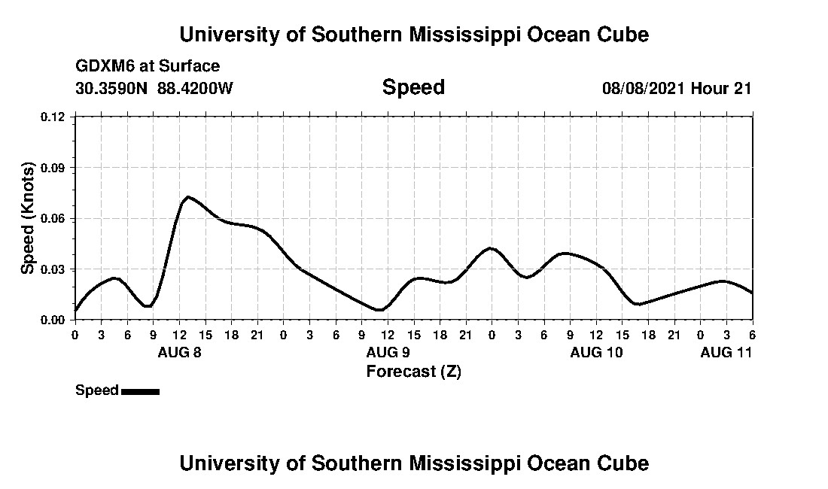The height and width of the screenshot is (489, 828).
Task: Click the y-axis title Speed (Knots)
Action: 28,218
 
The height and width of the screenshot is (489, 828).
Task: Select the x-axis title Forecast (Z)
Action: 413,371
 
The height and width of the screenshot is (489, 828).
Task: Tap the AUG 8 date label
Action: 179,352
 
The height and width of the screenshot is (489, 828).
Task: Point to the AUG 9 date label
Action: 388,352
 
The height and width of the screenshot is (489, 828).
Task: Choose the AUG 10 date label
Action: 596,352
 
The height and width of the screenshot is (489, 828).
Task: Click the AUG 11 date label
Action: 726,352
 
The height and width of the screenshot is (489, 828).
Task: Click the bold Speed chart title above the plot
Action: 413,87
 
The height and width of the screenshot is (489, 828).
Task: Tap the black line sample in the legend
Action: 140,391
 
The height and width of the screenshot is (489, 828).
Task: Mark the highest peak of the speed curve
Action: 187,197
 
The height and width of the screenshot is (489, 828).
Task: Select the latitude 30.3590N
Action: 113,88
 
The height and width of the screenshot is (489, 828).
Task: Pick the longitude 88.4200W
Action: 196,88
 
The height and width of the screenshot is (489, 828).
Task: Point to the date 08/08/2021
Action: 643,88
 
